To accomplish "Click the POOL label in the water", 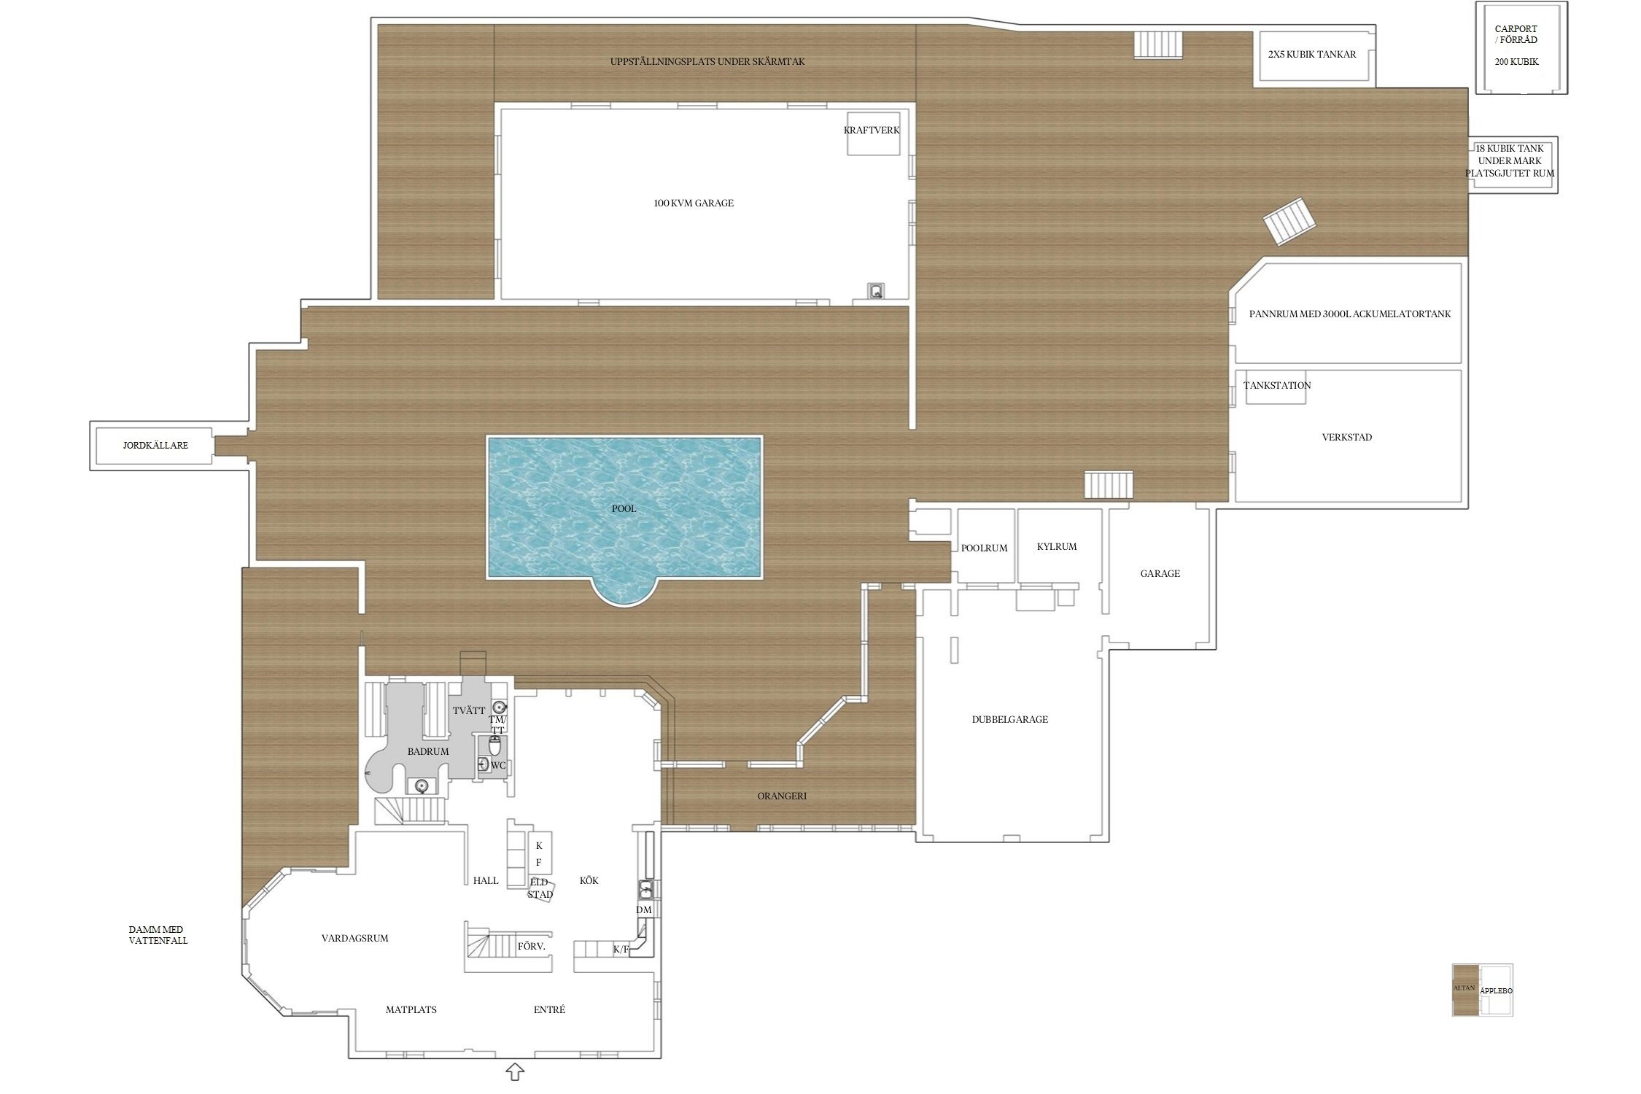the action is [x=624, y=508].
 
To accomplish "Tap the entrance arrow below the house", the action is [x=516, y=1071].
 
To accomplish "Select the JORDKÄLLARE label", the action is [x=155, y=445].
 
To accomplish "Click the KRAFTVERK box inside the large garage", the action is [x=872, y=133].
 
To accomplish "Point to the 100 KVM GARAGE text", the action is [x=694, y=203].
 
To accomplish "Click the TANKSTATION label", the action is [x=1277, y=385].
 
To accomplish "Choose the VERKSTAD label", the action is [x=1347, y=438].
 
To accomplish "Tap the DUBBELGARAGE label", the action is [x=1010, y=719].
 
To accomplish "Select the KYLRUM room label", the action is [x=1057, y=546].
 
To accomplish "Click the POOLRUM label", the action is [x=984, y=548].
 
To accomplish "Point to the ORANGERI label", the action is [x=782, y=796].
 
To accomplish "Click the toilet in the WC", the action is [x=494, y=745].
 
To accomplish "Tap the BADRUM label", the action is [x=428, y=751].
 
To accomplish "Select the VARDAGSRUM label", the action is [x=354, y=939].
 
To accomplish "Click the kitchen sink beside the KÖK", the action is [x=645, y=890].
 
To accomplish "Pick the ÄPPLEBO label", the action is [x=1496, y=991].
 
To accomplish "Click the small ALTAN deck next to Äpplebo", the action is [x=1465, y=990].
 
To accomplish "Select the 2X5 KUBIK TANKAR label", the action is [x=1312, y=54].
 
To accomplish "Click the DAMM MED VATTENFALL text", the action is [x=158, y=935].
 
